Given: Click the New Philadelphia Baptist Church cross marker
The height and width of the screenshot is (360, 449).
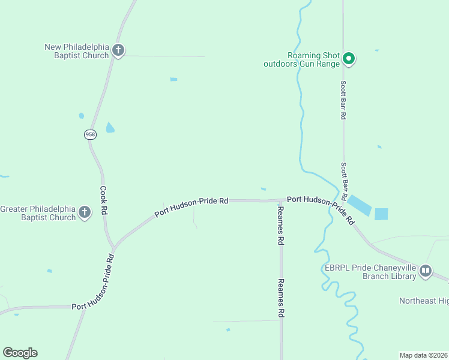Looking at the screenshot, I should click(118, 50).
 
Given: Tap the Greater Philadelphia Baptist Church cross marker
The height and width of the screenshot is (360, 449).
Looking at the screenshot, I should click(85, 212).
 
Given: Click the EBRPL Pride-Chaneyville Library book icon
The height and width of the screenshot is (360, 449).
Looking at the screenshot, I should click(426, 271).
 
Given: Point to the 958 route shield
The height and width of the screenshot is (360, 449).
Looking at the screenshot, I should click(90, 134).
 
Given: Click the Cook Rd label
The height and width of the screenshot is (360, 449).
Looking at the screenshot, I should click(103, 201).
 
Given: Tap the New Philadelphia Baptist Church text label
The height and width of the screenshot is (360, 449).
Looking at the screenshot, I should click(77, 51).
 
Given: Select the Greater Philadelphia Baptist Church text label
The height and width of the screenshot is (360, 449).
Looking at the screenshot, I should click(38, 213).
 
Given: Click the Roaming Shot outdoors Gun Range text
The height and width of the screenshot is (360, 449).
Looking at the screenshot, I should click(302, 59).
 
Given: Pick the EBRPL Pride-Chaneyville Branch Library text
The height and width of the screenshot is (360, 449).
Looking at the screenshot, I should click(371, 272).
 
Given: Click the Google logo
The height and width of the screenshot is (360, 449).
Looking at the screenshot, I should click(20, 353).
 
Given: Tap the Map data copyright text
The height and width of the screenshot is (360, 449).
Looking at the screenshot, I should click(424, 355).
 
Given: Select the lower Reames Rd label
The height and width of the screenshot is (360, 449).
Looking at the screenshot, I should click(280, 298).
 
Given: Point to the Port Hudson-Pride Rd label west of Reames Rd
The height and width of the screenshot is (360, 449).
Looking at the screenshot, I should click(191, 206).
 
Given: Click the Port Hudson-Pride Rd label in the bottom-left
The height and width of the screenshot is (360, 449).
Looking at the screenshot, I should click(94, 281).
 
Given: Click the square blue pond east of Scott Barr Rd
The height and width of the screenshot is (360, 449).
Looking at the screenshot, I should click(381, 214).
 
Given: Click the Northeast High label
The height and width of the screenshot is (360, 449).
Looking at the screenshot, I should click(424, 301).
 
